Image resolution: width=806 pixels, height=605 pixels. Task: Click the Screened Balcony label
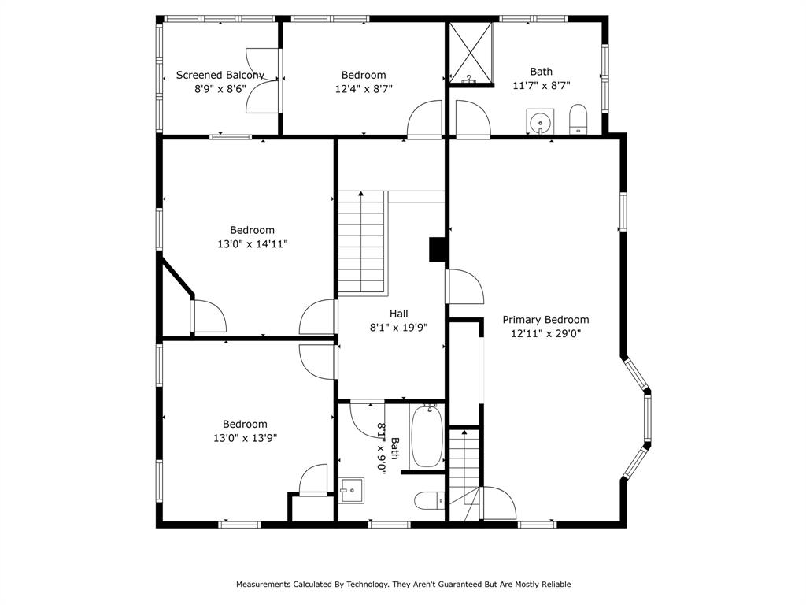(220, 75)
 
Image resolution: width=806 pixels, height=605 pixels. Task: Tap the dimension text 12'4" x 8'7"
(363, 89)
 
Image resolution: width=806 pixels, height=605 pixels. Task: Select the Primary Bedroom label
(545, 320)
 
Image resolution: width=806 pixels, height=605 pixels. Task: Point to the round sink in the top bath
(539, 123)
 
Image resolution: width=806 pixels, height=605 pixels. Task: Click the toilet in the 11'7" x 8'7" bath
(578, 120)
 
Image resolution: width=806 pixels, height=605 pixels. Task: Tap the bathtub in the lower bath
(428, 436)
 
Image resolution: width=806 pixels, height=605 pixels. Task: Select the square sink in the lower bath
(351, 490)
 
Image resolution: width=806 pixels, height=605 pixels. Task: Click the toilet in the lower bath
(430, 499)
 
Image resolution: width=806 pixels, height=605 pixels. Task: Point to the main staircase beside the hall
(362, 243)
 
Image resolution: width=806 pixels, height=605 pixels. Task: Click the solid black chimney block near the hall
(438, 249)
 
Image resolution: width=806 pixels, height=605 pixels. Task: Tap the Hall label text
(399, 314)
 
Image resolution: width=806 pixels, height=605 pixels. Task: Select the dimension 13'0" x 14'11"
(252, 244)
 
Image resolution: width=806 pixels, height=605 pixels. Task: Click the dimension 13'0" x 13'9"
(245, 438)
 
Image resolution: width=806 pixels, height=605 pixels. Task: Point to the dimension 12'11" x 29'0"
(545, 333)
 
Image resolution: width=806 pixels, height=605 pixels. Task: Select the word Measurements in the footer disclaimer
(263, 585)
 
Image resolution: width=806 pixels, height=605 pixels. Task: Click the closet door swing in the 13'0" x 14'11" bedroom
(209, 317)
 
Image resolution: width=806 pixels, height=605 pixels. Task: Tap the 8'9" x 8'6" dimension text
(220, 89)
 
